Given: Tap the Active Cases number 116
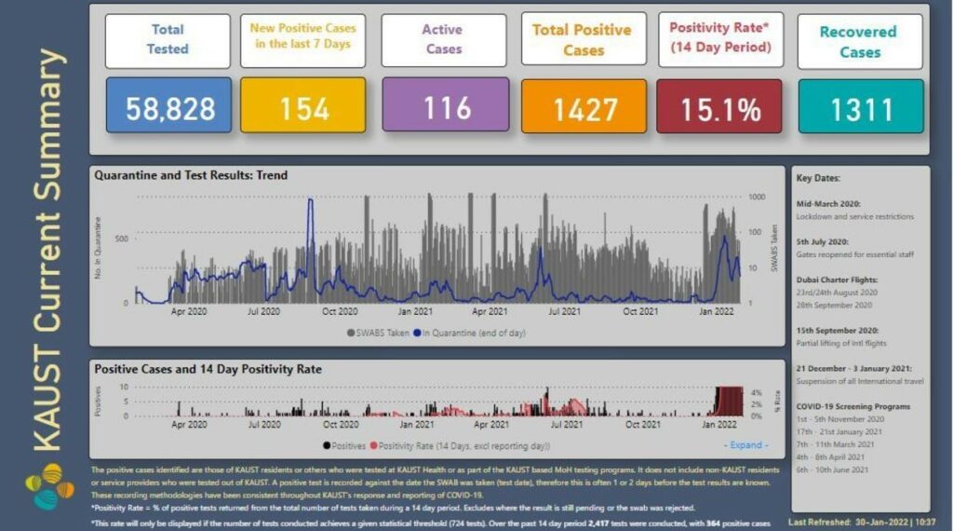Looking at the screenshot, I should point(446,106).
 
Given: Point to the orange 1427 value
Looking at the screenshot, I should point(584,108).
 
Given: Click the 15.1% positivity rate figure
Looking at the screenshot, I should point(721,108).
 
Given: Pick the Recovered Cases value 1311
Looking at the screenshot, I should point(860,108).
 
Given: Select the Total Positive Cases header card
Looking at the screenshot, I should point(584,40).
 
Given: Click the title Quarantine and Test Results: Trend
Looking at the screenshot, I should point(192,175).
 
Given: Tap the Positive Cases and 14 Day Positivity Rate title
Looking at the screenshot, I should point(208,370).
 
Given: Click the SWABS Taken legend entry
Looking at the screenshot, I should point(379,332).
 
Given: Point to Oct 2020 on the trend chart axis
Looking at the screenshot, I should point(340,311).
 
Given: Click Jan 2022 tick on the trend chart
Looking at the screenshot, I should point(718,311).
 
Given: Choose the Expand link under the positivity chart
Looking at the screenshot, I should point(747,445).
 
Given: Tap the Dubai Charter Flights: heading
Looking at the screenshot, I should point(837,279).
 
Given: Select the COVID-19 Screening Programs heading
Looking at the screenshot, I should point(852,406).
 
